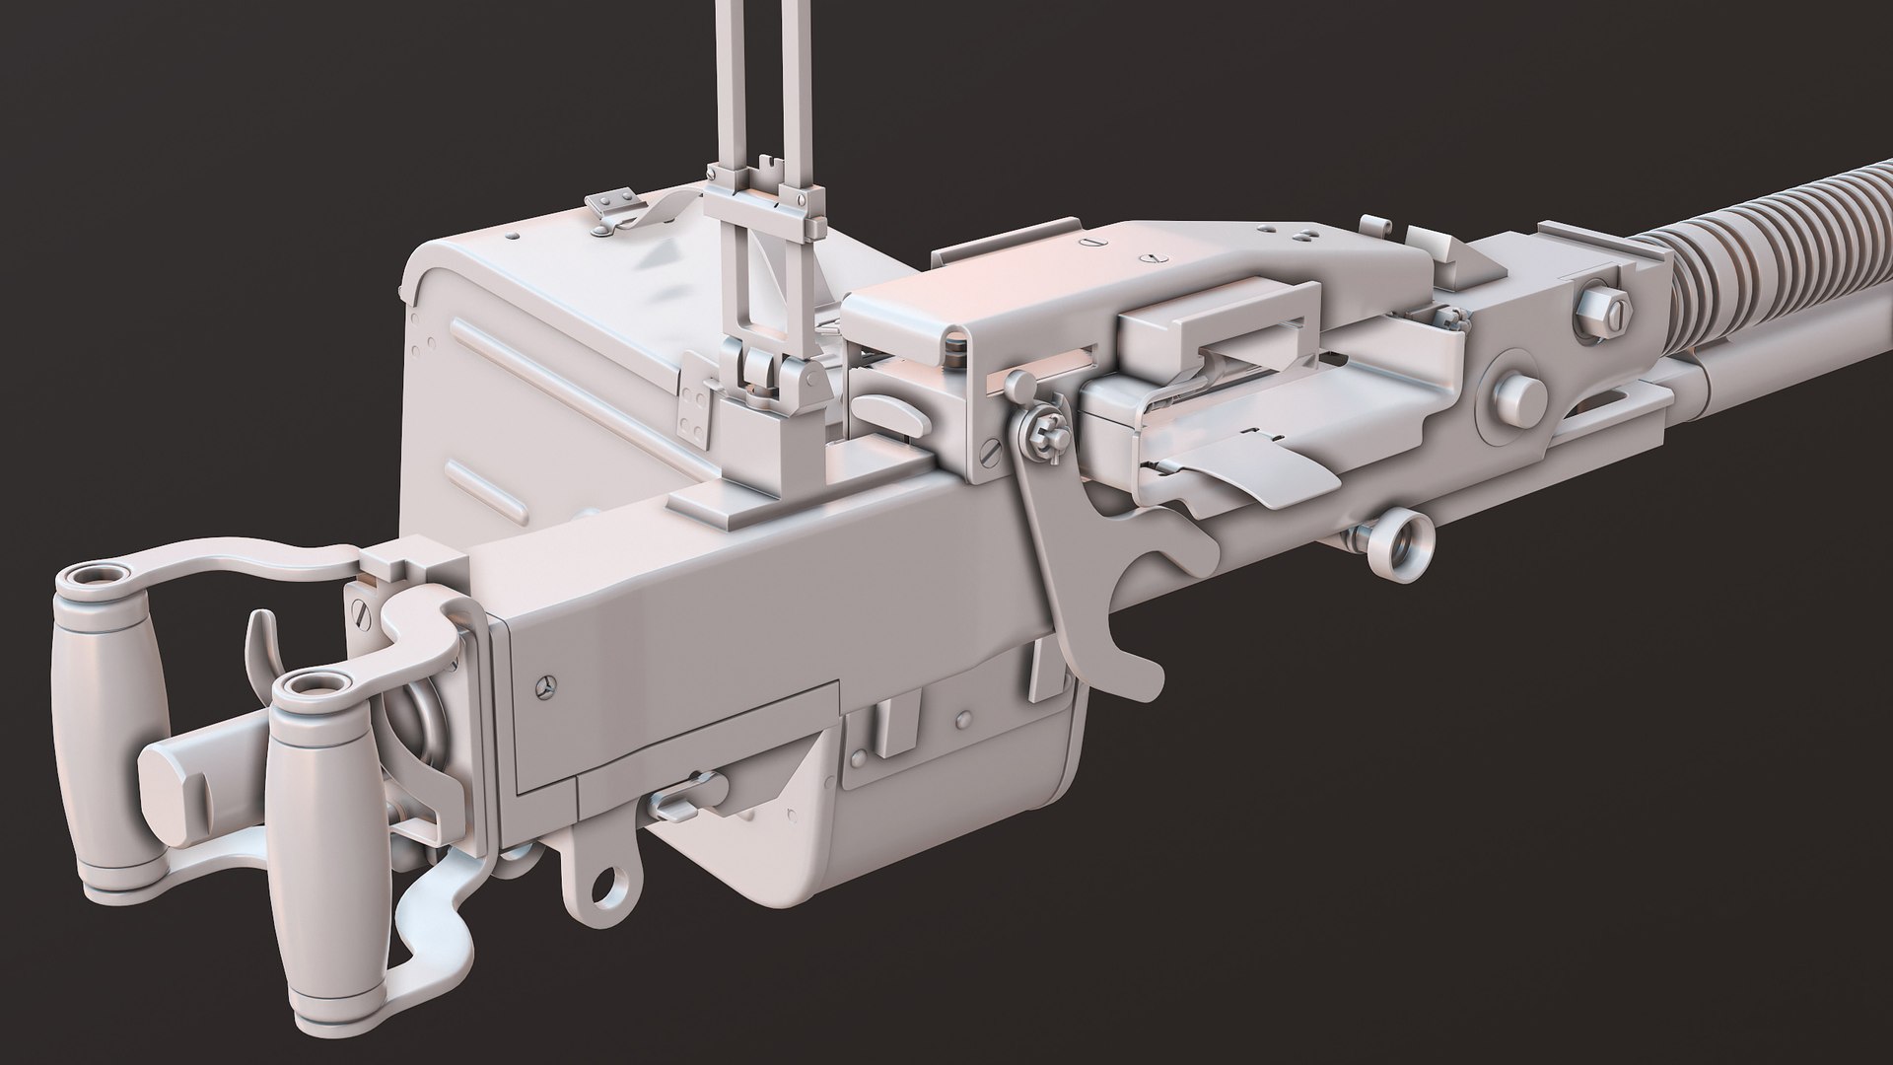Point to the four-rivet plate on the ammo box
coord(699,414)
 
